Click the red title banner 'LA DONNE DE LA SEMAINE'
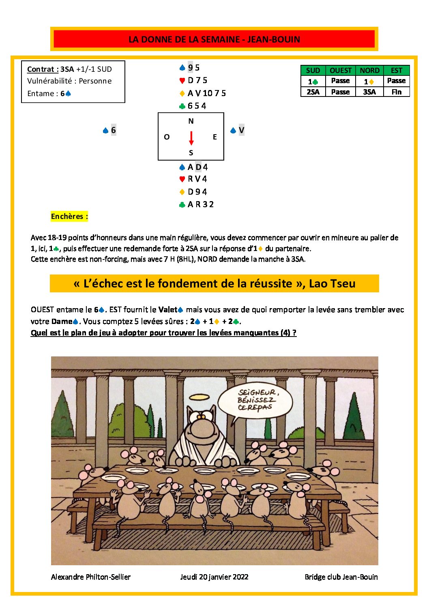[214, 39]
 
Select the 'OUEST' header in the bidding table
[340, 71]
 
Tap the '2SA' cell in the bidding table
[313, 92]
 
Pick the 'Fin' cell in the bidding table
[396, 92]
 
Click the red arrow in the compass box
[191, 138]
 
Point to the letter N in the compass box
[191, 121]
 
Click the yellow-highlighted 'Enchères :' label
[69, 217]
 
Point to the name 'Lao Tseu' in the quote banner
[332, 283]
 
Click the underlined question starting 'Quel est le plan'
[163, 333]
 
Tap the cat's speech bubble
[255, 400]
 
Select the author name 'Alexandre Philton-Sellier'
[91, 577]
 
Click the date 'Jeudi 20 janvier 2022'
[214, 577]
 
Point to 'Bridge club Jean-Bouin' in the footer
[341, 577]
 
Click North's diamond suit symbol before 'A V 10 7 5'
[182, 93]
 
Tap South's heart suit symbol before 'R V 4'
[182, 179]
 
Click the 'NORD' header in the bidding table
[369, 71]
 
